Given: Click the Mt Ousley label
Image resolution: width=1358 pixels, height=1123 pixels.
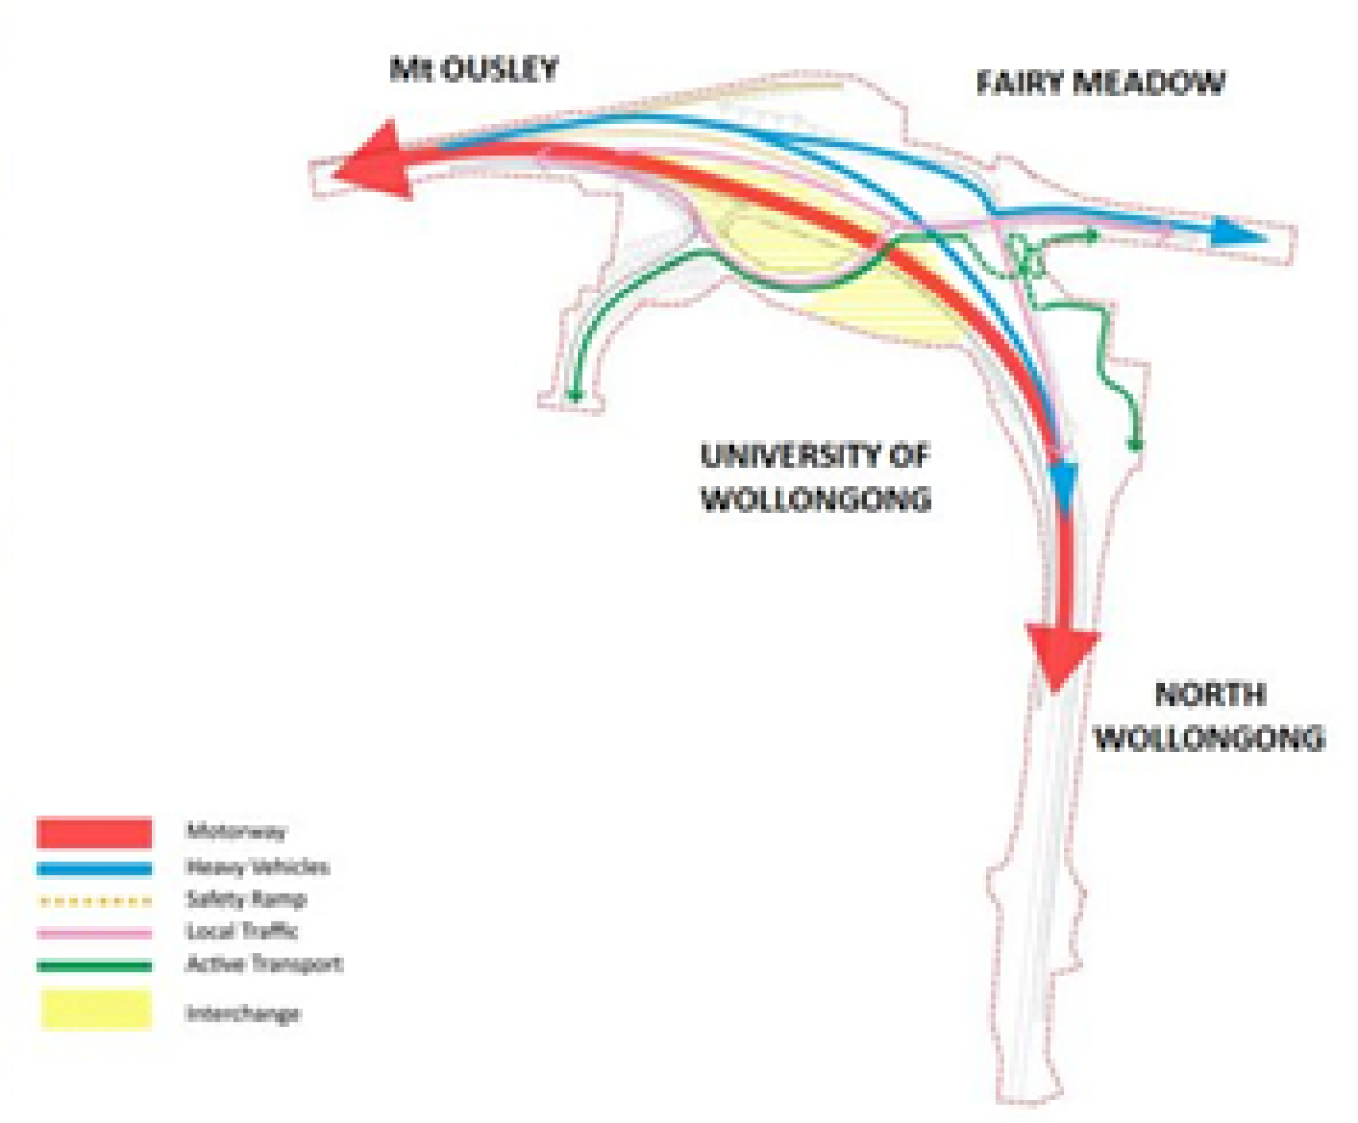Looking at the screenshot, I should pos(474,70).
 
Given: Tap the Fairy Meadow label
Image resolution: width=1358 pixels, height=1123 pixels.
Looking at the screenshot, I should pos(1100,83).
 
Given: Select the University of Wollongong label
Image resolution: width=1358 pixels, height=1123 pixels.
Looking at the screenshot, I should pos(816,477).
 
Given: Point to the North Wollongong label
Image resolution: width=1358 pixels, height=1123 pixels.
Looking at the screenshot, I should pos(1209,716).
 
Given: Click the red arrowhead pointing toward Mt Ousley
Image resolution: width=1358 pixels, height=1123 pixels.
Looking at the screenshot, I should pos(374,162).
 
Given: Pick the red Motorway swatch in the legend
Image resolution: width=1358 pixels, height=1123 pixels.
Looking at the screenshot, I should pos(94,832).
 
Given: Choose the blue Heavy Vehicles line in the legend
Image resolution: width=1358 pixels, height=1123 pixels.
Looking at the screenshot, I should pos(94,869).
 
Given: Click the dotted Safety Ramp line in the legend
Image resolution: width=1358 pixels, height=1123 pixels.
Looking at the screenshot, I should pos(94,900).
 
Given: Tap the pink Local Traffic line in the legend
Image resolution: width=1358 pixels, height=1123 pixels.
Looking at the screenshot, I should pos(94,932).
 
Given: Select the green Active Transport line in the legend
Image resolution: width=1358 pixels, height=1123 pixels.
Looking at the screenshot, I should pos(94,966).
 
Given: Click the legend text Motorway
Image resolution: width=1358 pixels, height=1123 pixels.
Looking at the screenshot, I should pos(235,832).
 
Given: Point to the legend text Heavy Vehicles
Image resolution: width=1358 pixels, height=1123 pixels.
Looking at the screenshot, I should pos(257,867).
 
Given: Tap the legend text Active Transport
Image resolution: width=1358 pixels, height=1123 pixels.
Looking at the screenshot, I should pos(264,964).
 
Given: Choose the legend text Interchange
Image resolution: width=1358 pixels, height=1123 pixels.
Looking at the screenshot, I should pos(243,1013).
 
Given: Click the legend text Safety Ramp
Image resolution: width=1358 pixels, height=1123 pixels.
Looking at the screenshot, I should pos(246,899).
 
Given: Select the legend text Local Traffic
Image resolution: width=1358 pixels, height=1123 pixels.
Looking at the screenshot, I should pos(242,932).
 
